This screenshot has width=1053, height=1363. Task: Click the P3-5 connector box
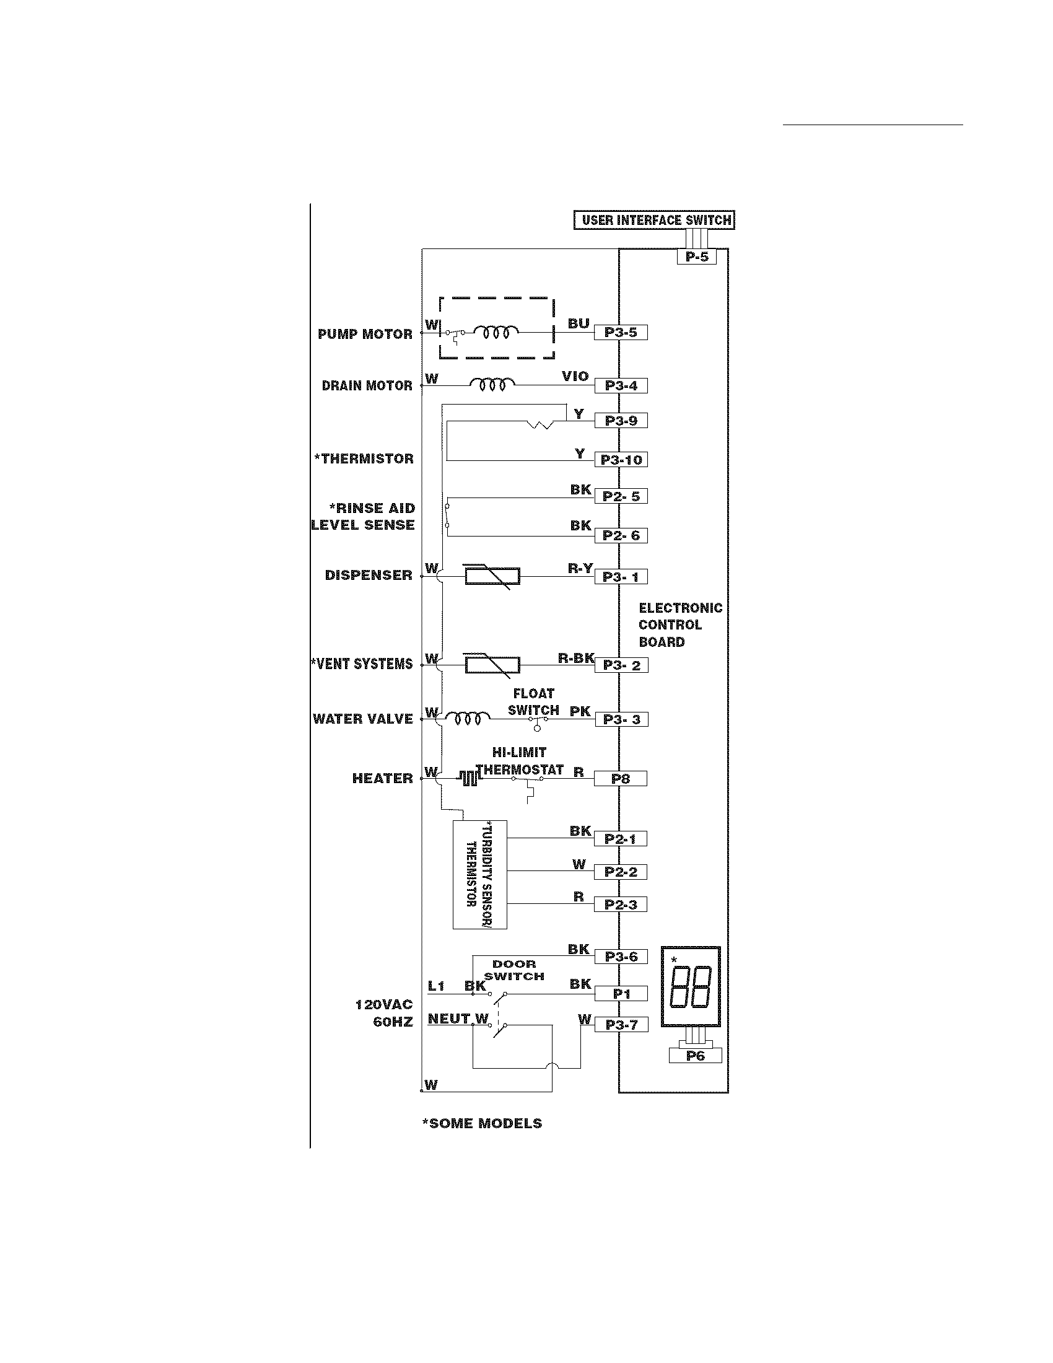[x=621, y=333]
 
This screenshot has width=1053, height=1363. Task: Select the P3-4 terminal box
[x=621, y=386]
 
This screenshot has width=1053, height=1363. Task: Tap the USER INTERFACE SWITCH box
[x=654, y=221]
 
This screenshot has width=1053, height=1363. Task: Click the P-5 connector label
[x=696, y=256]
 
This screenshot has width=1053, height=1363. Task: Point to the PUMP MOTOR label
[x=365, y=335]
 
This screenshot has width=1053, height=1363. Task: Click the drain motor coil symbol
[x=492, y=384]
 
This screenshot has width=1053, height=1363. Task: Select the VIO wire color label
[x=575, y=376]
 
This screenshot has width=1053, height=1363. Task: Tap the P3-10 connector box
[x=621, y=460]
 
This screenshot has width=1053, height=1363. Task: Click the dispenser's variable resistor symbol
[x=492, y=576]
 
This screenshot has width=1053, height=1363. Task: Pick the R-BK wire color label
[x=575, y=658]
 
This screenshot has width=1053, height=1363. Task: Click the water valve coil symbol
[x=467, y=719]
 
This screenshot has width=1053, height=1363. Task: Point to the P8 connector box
[x=621, y=779]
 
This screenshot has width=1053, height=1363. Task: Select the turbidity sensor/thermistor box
[x=479, y=874]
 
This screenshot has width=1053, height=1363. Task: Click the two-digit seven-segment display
[x=691, y=989]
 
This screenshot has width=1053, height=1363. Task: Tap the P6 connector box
[x=695, y=1056]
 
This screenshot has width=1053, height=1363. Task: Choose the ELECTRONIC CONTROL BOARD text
[x=680, y=625]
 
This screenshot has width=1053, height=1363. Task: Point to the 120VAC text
[x=383, y=1005]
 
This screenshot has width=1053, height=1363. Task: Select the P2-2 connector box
[x=621, y=872]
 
